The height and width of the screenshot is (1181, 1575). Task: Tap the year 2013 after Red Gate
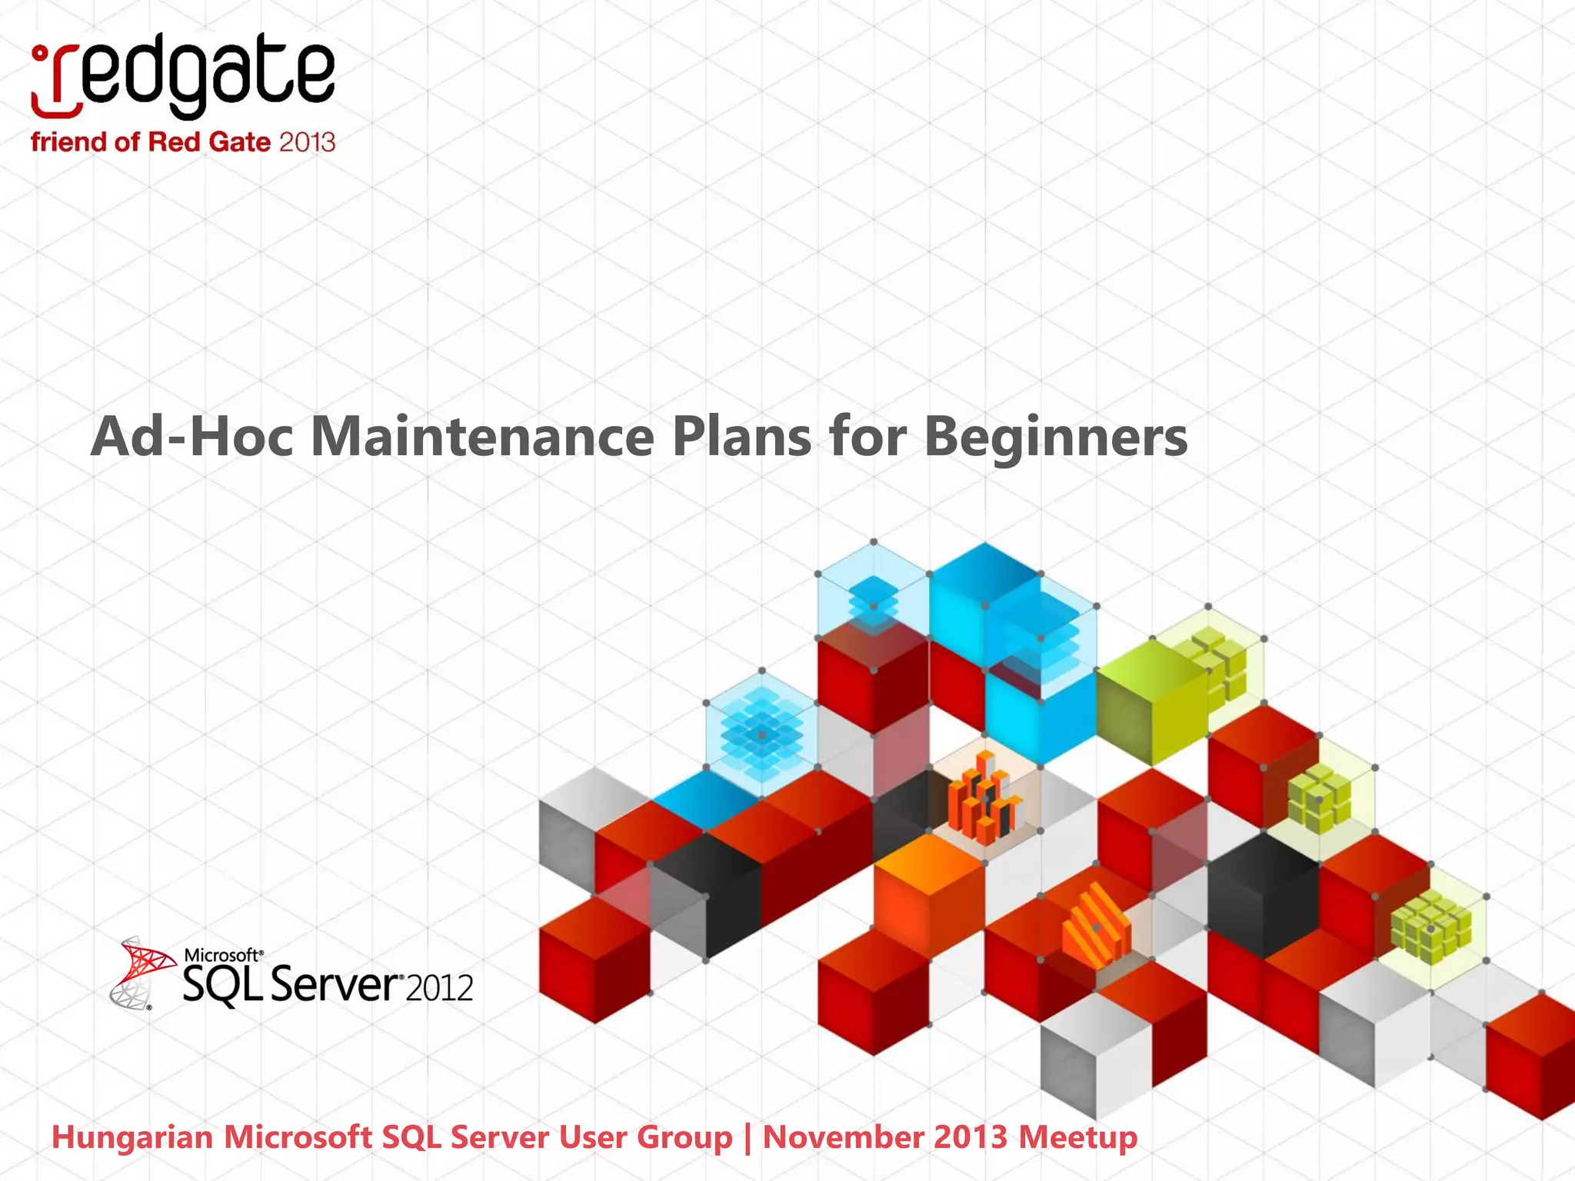click(307, 142)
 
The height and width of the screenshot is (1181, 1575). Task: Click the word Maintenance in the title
click(482, 437)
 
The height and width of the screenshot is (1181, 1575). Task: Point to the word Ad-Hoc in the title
click(191, 437)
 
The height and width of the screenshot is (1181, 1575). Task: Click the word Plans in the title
click(741, 437)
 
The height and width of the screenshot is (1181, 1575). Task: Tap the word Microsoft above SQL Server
click(222, 955)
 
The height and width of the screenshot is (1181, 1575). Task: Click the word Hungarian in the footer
click(132, 1137)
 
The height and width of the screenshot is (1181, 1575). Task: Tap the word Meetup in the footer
click(1077, 1137)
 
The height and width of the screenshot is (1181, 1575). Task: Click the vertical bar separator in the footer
click(748, 1138)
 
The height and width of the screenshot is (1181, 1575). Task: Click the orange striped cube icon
click(1096, 927)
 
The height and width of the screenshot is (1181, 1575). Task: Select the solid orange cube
click(929, 892)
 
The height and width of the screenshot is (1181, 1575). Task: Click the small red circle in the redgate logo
click(40, 54)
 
